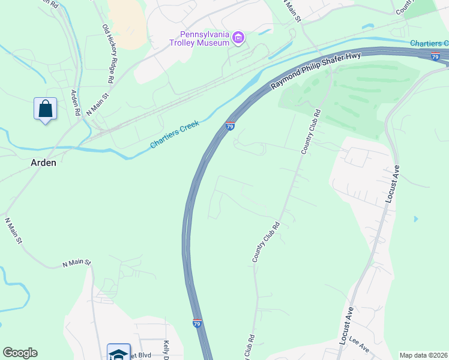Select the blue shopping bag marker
click(45, 109)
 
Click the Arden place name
click(43, 163)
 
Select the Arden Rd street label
click(76, 103)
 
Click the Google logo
click(20, 353)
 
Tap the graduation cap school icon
click(118, 353)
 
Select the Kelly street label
click(166, 350)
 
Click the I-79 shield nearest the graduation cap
click(197, 323)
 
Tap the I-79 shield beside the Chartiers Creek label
click(230, 126)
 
